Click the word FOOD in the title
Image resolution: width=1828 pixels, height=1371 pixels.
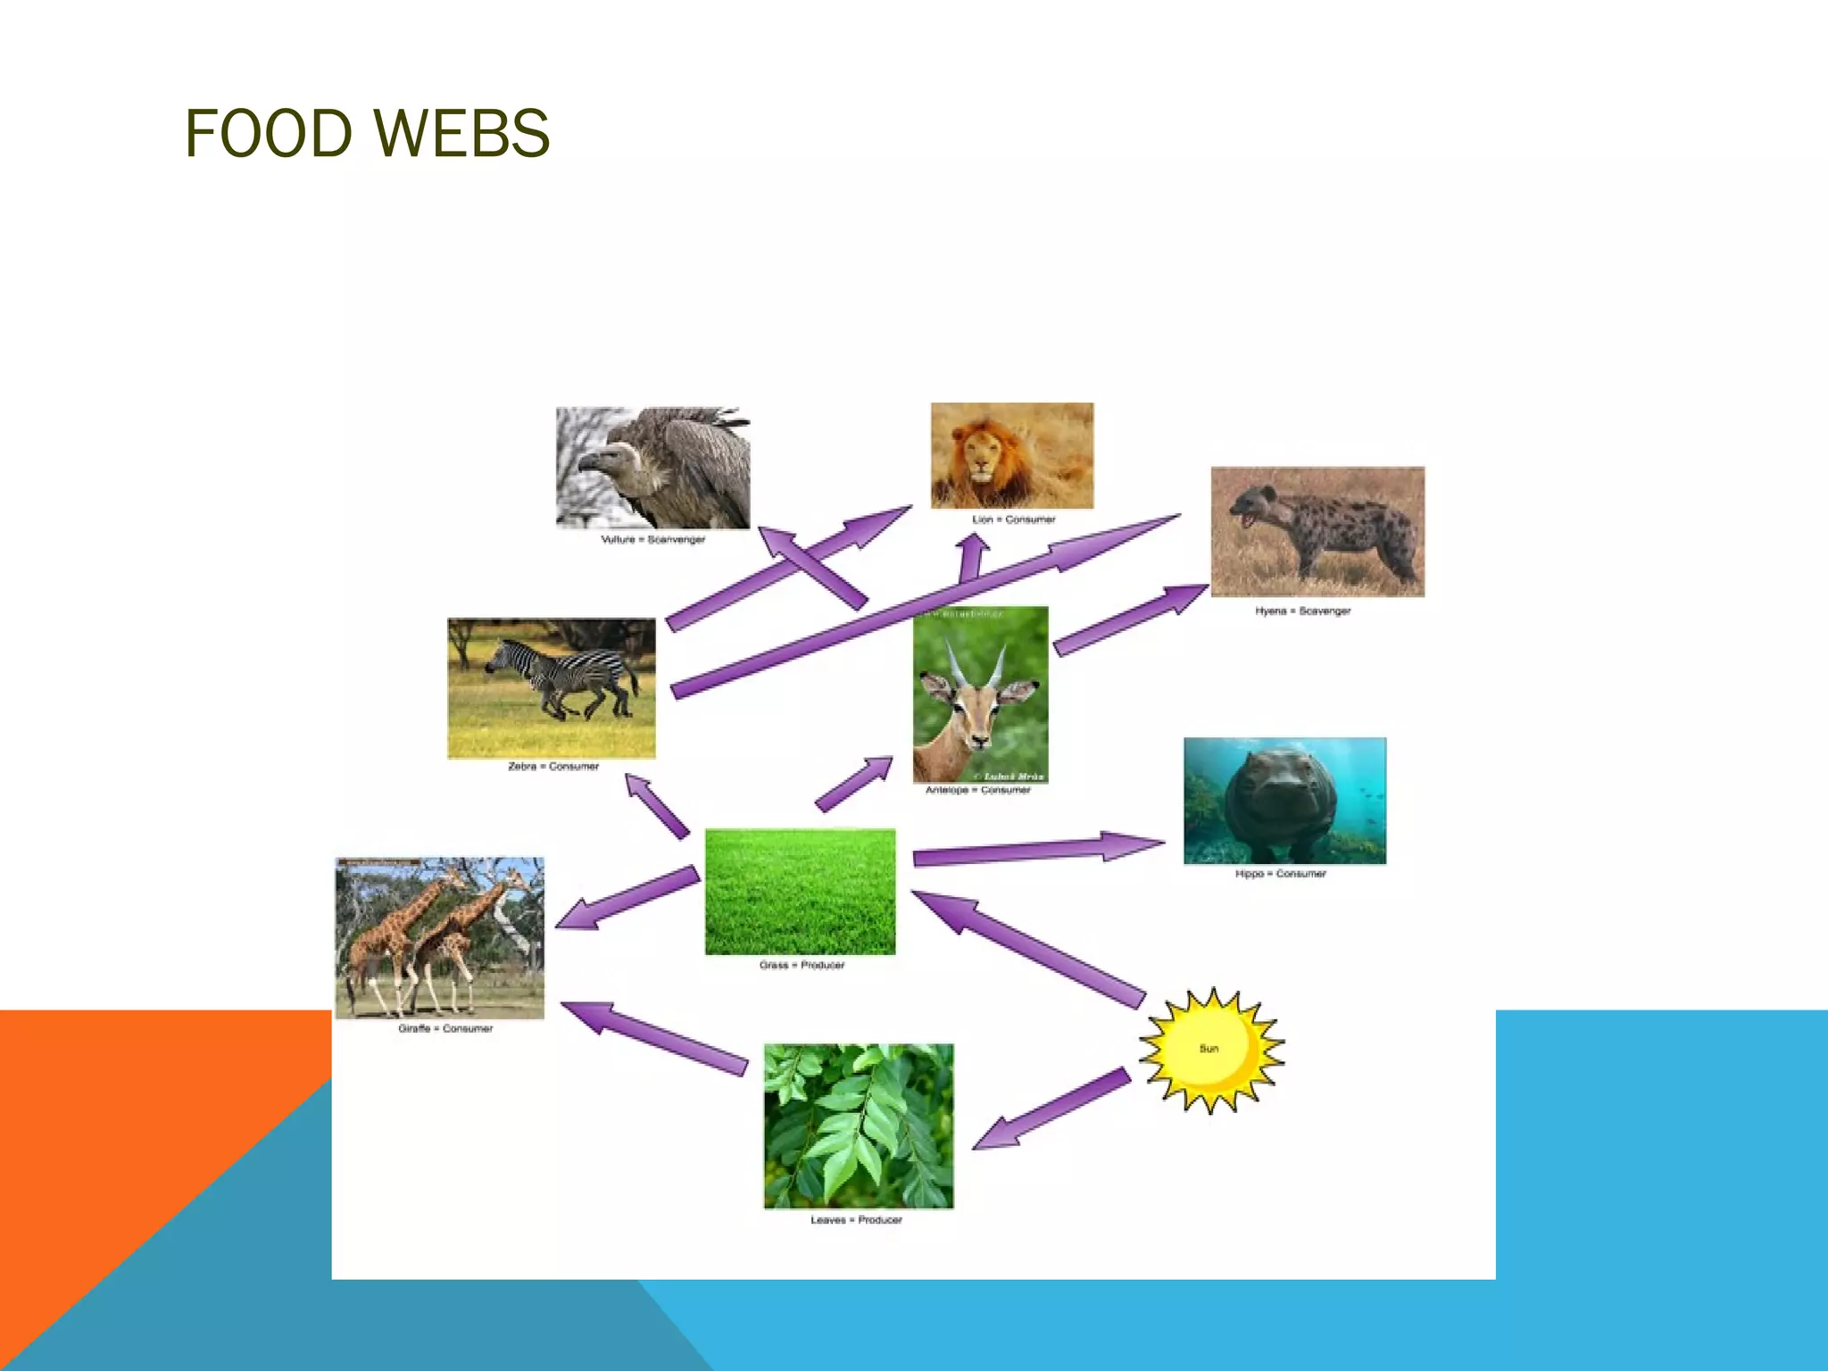(x=268, y=134)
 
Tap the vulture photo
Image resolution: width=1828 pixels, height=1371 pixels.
(x=653, y=468)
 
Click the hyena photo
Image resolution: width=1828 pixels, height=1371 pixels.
(x=1317, y=532)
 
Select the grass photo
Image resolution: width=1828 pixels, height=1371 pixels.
(x=800, y=891)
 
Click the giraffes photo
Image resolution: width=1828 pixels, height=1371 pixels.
(x=439, y=937)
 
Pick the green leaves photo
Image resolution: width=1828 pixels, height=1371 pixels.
(x=859, y=1126)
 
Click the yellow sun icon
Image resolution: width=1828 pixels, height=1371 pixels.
(x=1210, y=1050)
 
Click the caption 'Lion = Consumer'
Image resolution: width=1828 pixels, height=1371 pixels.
(x=1013, y=519)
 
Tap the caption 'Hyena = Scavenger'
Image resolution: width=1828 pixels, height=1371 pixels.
(x=1302, y=611)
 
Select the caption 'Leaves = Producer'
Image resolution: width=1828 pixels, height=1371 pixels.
(x=856, y=1220)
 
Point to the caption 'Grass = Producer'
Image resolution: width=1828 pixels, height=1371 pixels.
(x=802, y=966)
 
